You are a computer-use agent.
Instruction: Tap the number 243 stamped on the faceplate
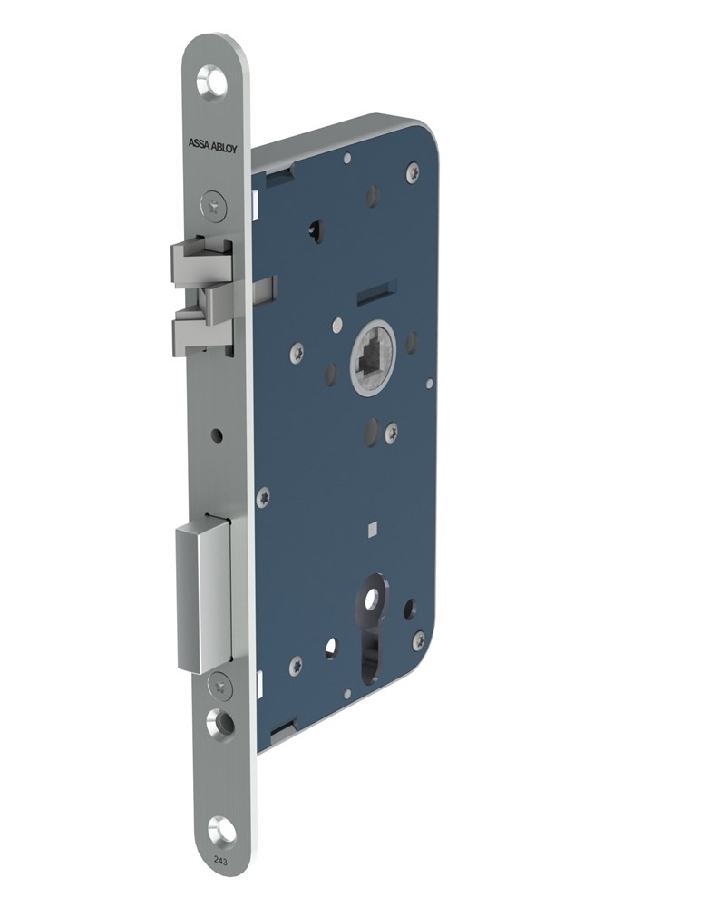coord(220,860)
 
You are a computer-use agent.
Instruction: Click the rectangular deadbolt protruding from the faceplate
coord(203,597)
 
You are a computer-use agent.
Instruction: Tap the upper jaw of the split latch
coord(200,260)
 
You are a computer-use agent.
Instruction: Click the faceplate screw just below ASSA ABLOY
coord(214,205)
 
